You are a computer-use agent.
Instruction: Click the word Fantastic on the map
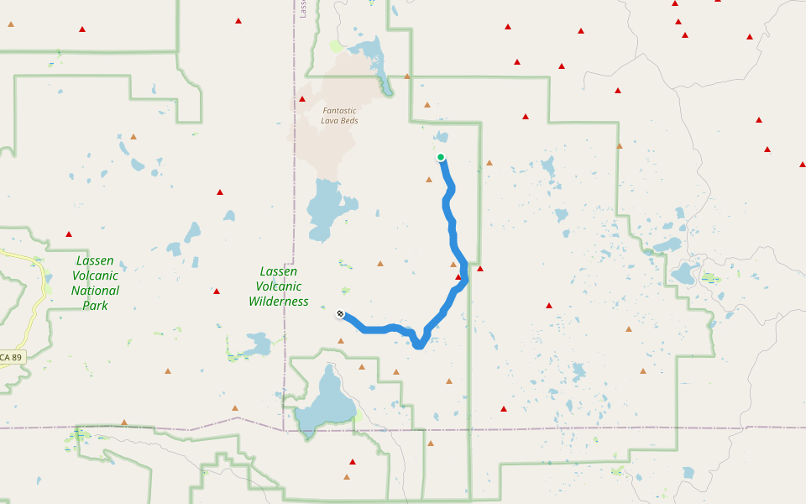tap(339, 111)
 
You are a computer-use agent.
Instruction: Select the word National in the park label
tap(95, 291)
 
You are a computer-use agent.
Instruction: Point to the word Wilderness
tap(279, 302)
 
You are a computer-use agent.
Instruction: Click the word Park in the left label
tap(95, 306)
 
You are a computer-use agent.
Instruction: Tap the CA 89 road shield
tap(12, 358)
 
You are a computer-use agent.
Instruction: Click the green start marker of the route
tap(441, 157)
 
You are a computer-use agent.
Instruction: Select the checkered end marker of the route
tap(340, 314)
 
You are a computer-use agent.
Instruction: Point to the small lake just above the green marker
tap(440, 137)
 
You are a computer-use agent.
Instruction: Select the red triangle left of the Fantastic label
tap(302, 99)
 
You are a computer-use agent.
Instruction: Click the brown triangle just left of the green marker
tap(429, 179)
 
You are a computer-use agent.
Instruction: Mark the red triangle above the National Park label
tap(69, 234)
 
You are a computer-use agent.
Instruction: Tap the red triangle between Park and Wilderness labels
tap(217, 291)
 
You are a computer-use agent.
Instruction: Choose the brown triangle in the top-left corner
tap(11, 24)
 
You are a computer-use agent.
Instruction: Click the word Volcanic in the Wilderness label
tap(279, 286)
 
